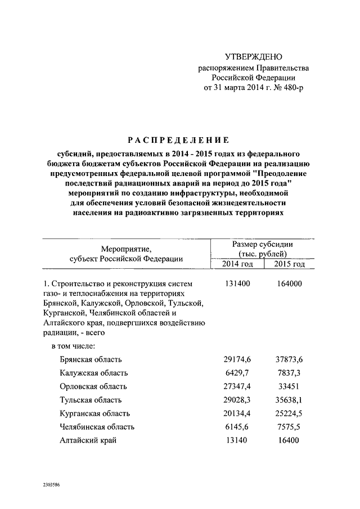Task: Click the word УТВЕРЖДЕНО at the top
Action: tap(253, 57)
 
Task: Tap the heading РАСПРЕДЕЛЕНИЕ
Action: tap(177, 139)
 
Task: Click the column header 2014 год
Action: tap(236, 263)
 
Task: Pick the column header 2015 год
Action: tap(290, 263)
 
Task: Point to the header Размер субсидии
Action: tap(262, 244)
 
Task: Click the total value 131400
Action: tap(235, 283)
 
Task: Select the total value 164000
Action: tap(290, 283)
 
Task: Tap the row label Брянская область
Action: tap(91, 359)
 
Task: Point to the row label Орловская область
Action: tap(93, 386)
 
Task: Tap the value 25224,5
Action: tap(290, 413)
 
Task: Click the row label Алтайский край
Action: tap(88, 440)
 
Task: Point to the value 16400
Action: tap(290, 440)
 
